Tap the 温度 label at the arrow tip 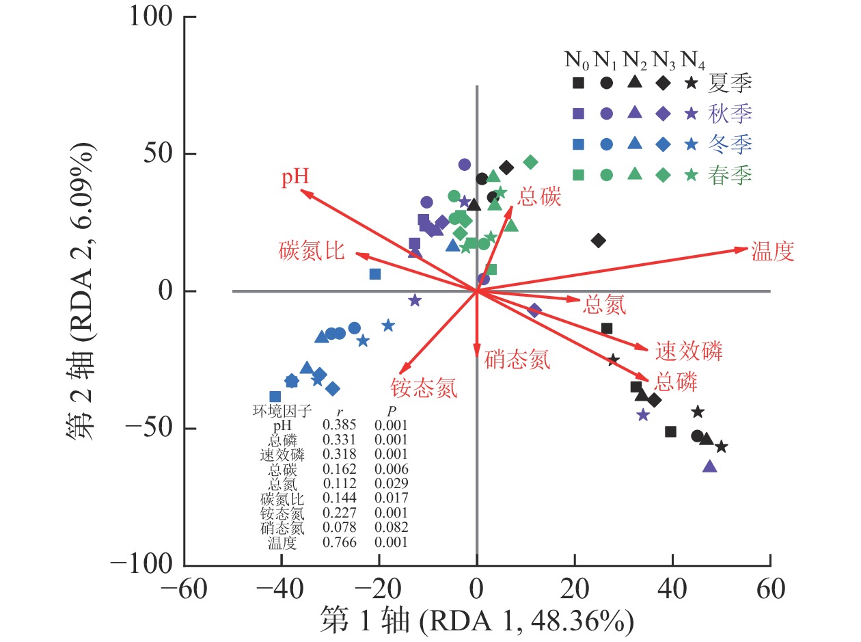pos(773,252)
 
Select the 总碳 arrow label pos(539,198)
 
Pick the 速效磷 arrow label pos(689,351)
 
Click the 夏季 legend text pos(730,83)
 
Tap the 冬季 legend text pos(730,144)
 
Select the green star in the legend pos(692,174)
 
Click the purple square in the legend pos(578,113)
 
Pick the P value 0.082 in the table pos(391,528)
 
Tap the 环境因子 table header pos(282,411)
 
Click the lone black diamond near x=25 pos(599,241)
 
